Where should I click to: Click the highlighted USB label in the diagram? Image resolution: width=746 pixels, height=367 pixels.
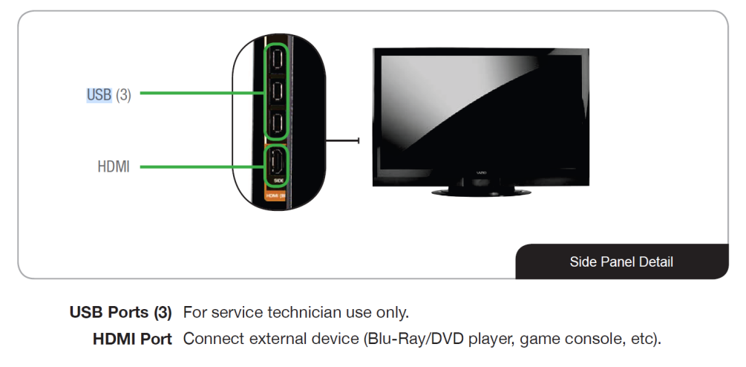99,94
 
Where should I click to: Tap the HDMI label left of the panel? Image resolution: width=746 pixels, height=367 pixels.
114,167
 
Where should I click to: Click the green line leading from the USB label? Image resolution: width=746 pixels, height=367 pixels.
200,94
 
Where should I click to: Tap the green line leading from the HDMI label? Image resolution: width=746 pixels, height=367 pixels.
200,167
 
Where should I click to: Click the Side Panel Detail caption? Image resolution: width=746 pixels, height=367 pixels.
621,262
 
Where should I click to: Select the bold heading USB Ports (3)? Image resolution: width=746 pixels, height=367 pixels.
120,311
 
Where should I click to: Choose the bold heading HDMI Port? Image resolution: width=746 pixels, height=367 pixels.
132,340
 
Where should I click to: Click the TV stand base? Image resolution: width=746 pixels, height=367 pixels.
482,192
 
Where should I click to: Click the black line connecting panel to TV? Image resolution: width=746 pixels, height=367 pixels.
342,140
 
